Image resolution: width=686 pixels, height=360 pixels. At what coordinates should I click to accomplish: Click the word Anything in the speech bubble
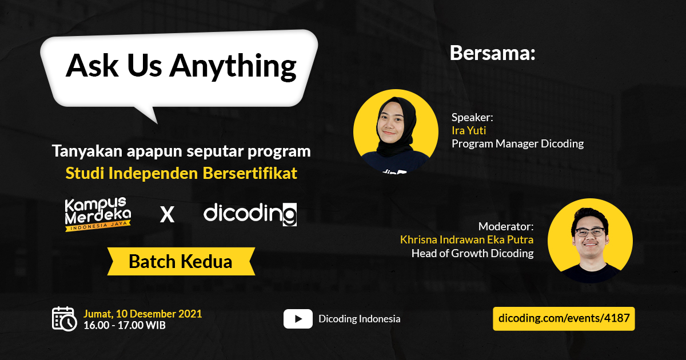[233, 67]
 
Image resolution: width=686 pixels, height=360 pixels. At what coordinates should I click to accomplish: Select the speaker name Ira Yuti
[469, 130]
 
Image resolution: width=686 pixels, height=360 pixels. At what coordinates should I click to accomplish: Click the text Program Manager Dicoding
[517, 143]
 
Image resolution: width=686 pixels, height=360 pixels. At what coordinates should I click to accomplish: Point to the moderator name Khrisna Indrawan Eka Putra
[466, 239]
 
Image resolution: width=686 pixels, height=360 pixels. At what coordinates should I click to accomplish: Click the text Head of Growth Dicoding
[472, 253]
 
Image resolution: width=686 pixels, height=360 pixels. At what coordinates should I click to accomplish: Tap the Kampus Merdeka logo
[98, 214]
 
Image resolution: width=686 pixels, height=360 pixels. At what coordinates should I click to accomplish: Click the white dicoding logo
[250, 214]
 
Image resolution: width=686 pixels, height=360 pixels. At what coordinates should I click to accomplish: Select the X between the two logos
[167, 215]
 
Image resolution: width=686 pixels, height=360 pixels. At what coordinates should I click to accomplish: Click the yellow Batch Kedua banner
[181, 262]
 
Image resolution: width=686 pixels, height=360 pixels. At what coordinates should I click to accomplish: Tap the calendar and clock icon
[64, 319]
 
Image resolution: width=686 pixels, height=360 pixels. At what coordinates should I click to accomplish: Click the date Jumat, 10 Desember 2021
[142, 314]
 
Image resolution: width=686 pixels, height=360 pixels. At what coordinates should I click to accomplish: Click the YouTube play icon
[298, 319]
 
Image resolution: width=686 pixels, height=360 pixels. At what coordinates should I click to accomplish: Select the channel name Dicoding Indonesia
[360, 319]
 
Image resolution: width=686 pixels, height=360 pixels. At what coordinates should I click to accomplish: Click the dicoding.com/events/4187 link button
[564, 318]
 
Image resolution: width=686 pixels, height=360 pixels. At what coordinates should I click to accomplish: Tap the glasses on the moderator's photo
[590, 232]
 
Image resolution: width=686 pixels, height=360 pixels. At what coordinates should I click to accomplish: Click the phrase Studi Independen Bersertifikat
[181, 173]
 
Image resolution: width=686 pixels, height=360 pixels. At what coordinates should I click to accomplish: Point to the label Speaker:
[472, 117]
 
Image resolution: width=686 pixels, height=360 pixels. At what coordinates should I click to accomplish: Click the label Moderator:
[506, 226]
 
